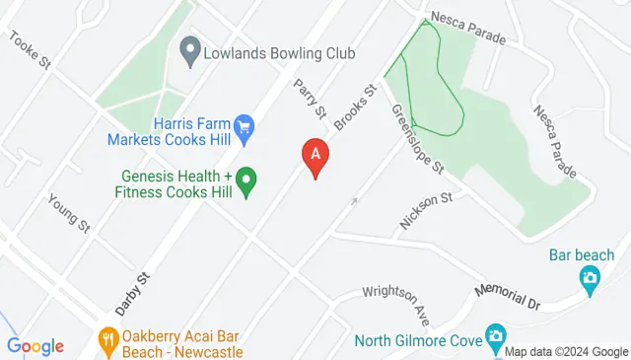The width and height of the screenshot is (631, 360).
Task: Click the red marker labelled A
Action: click(x=315, y=156)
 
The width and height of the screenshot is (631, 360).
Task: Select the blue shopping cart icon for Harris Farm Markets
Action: click(x=244, y=127)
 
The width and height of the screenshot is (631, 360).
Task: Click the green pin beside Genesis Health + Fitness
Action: click(x=246, y=180)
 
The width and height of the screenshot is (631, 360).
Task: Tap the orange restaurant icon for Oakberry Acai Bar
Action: click(x=108, y=341)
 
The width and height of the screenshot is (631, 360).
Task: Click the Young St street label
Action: click(x=69, y=212)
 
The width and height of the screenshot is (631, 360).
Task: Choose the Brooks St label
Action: click(x=356, y=108)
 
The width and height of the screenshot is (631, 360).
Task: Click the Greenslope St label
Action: click(x=415, y=139)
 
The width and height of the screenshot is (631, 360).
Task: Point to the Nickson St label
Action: click(x=426, y=211)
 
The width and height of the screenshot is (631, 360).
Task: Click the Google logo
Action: click(x=35, y=346)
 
